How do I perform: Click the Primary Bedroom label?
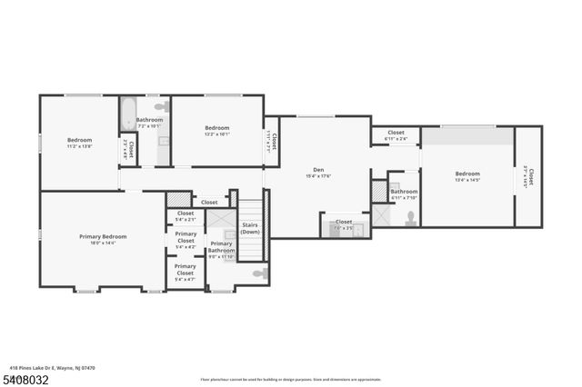point(103,236)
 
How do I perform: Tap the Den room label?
point(318,169)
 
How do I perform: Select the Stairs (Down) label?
point(250,228)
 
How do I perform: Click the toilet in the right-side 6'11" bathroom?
point(411,217)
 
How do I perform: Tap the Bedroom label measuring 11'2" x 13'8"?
point(79,140)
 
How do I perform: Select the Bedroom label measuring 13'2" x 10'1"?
point(216,128)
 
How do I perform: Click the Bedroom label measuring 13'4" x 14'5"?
point(467,174)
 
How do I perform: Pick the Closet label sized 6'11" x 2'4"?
point(396,133)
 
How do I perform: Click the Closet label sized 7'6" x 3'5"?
point(344,222)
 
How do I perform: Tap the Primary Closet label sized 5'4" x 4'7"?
point(185,266)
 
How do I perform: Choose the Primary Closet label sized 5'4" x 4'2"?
point(186,234)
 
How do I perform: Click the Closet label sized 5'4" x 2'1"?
point(185,213)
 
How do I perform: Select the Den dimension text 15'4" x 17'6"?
point(318,176)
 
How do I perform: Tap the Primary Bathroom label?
point(221,246)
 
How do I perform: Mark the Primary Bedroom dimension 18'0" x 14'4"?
point(103,243)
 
